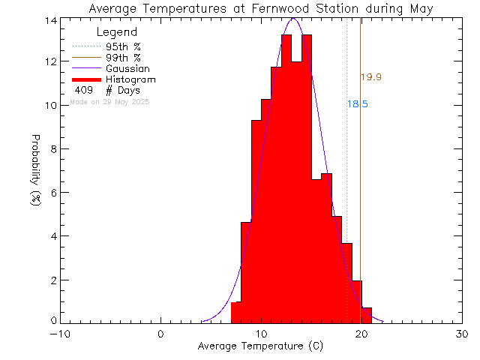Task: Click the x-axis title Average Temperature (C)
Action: tap(261, 346)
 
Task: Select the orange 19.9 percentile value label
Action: tap(371, 77)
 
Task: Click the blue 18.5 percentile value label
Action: tap(358, 105)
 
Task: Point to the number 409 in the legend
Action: tap(85, 90)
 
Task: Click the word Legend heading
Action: tap(117, 32)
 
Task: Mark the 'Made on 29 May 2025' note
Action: tap(109, 101)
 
